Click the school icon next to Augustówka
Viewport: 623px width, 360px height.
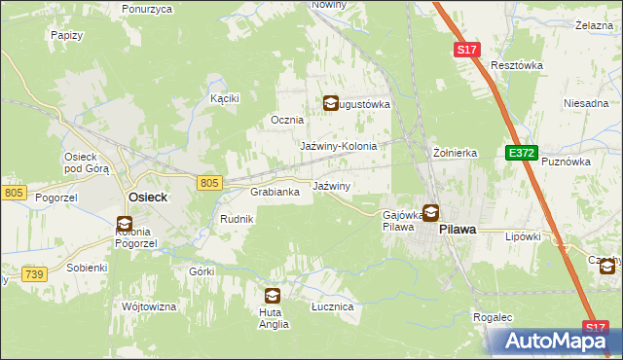click(x=331, y=102)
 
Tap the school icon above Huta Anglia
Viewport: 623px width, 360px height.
click(x=272, y=295)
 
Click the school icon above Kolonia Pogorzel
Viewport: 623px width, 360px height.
click(x=125, y=222)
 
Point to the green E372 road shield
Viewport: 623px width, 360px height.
click(x=521, y=154)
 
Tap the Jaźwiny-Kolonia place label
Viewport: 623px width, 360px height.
click(x=338, y=146)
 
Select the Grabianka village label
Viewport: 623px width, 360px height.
click(x=281, y=193)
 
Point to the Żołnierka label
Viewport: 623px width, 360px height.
click(x=455, y=153)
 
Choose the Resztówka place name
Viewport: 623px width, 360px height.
click(x=516, y=65)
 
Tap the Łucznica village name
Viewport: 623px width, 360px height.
click(x=331, y=306)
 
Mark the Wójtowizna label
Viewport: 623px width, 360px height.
click(x=148, y=306)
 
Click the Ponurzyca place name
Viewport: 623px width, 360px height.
click(x=147, y=9)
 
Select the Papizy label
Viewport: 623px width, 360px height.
click(x=64, y=34)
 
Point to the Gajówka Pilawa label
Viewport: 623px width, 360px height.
click(x=399, y=220)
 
